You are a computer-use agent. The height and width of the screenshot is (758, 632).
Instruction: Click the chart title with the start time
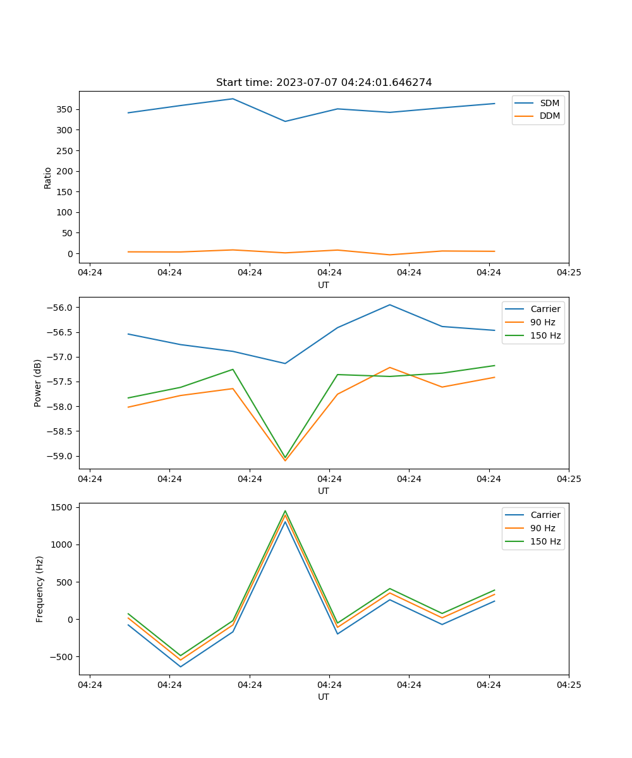click(x=324, y=83)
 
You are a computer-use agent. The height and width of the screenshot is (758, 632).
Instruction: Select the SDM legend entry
click(x=549, y=103)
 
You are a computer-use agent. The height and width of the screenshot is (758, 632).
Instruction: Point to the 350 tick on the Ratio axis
click(x=66, y=109)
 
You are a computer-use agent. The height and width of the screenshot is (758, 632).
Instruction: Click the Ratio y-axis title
click(x=48, y=177)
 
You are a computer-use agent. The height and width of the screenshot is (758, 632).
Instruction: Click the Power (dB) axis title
click(x=38, y=383)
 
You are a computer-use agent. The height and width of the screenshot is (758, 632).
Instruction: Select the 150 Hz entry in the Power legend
click(x=545, y=335)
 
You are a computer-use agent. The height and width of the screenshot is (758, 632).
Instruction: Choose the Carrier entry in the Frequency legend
click(x=545, y=515)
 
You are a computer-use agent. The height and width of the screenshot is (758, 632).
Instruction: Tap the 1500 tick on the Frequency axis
click(x=63, y=507)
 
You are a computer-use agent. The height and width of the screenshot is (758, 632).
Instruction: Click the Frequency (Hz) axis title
click(x=39, y=589)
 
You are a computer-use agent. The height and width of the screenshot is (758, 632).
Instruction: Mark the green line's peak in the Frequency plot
click(x=285, y=510)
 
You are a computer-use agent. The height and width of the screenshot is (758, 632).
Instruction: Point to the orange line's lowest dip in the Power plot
click(x=285, y=460)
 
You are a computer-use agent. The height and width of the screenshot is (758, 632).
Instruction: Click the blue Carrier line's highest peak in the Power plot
click(x=390, y=304)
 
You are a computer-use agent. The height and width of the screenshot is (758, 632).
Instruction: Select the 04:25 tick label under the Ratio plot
click(x=568, y=273)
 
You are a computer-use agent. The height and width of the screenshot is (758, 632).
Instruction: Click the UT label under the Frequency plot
click(x=324, y=697)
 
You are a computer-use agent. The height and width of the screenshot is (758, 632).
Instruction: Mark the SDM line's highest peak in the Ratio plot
click(x=233, y=99)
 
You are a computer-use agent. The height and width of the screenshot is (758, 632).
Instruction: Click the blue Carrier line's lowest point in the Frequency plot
click(x=181, y=666)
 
